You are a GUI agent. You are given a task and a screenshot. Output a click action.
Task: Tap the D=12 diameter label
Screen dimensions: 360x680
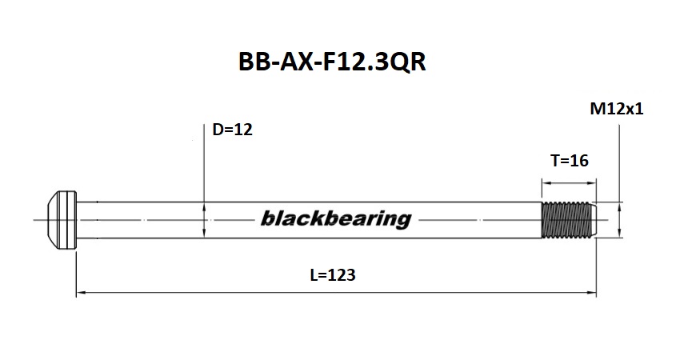[233, 130]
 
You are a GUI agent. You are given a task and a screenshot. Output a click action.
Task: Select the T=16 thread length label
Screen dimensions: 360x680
[570, 161]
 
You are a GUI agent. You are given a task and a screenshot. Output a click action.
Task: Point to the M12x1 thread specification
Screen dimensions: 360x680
[616, 110]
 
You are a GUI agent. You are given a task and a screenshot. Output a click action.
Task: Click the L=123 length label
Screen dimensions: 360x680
[331, 275]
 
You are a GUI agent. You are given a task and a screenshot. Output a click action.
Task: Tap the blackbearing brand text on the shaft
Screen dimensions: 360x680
[335, 218]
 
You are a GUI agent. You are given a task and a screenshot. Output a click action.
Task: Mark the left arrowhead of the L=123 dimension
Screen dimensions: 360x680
[80, 294]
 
